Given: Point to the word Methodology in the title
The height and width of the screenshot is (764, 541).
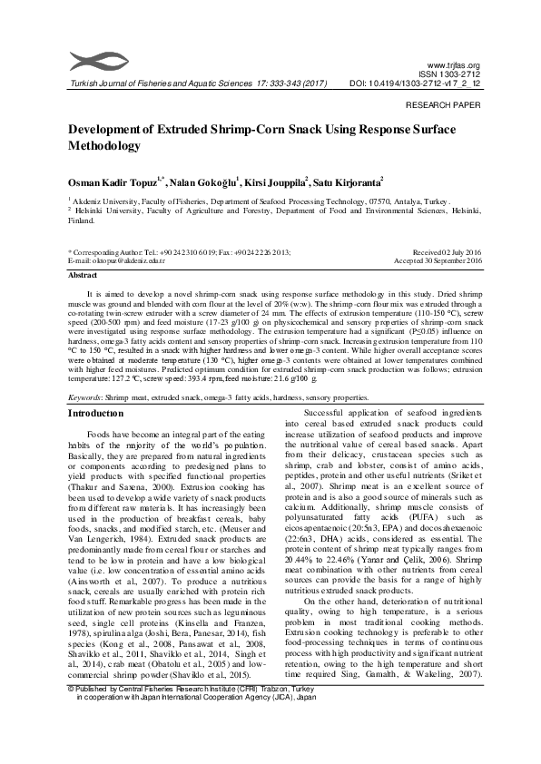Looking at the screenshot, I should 104,145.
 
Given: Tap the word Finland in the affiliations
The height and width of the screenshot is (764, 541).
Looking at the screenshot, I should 81,220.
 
